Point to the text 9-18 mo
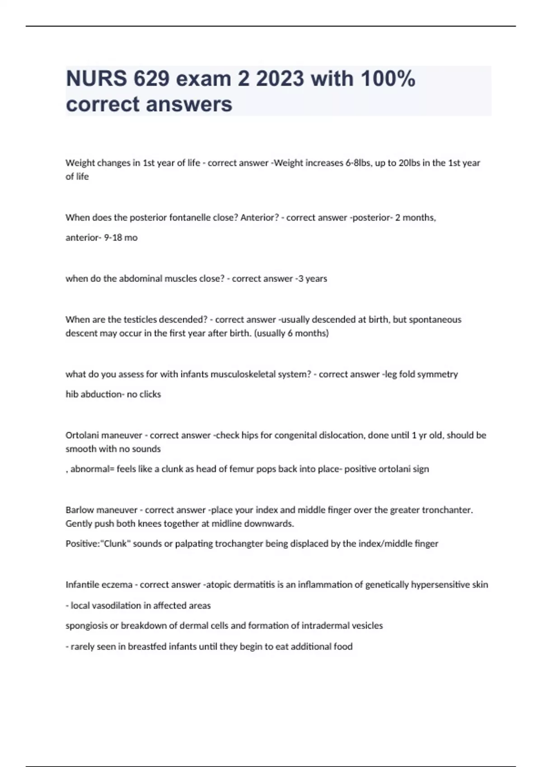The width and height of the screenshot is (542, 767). [x=121, y=237]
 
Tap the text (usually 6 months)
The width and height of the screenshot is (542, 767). [x=292, y=333]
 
